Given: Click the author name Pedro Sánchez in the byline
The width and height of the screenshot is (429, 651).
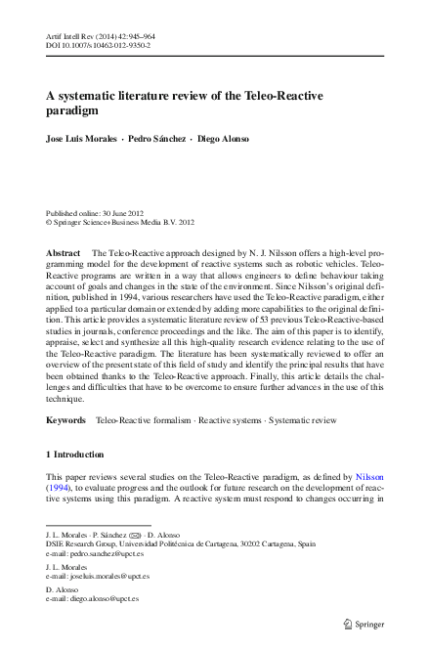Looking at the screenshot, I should point(156,139).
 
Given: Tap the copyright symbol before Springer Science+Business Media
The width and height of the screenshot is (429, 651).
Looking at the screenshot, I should point(50,222).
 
